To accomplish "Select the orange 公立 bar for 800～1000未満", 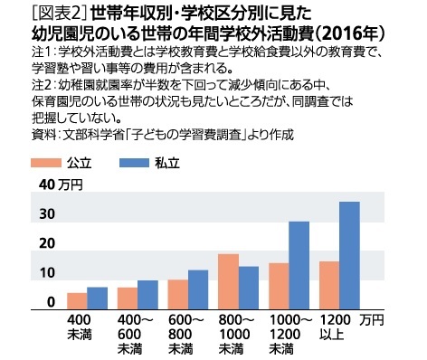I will click(x=229, y=281).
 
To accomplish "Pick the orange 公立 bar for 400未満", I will click(x=78, y=300).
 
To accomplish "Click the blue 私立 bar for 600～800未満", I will click(x=199, y=289).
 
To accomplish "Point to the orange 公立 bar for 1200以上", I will click(x=329, y=285).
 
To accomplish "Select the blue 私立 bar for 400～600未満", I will click(x=148, y=294).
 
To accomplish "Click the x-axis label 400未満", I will click(x=79, y=328).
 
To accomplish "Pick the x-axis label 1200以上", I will click(x=334, y=328).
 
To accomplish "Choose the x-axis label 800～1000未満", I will click(x=231, y=334).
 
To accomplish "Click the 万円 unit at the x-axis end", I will click(x=372, y=320).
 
